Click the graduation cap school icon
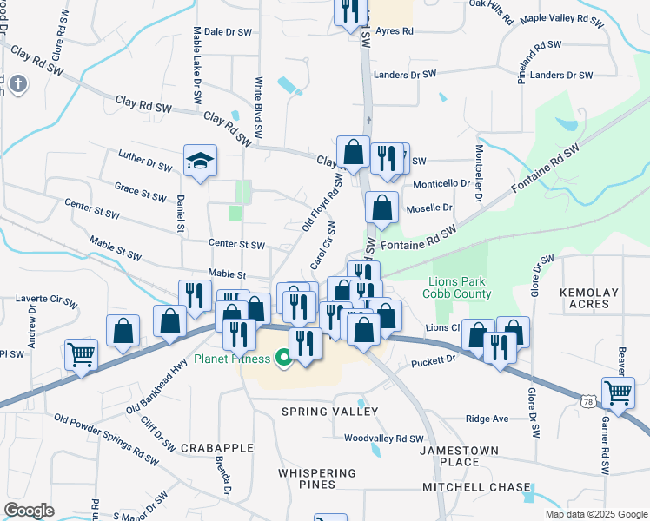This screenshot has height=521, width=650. [200, 161]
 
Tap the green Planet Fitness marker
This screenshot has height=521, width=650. [282, 357]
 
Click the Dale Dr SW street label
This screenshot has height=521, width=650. [229, 30]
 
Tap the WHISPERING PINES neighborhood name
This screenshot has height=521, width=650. [317, 478]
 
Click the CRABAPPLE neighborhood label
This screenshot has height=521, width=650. [217, 448]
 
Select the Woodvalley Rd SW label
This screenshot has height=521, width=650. [383, 439]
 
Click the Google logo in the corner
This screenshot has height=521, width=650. [29, 510]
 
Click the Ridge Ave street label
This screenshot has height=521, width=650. [487, 419]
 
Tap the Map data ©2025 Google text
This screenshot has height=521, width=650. [595, 514]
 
